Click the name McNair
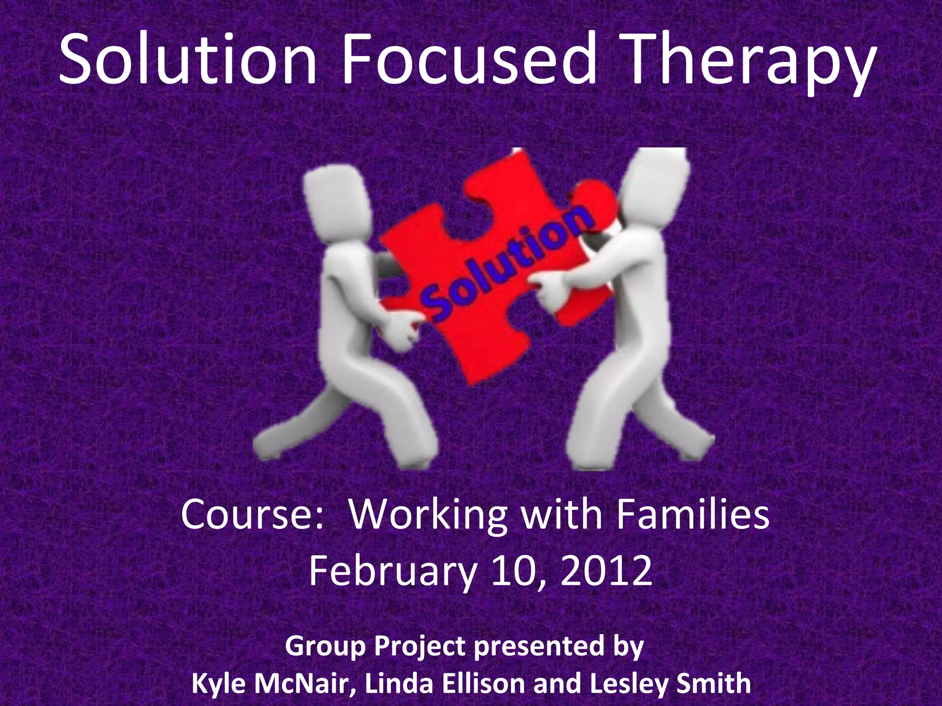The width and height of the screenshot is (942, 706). [x=306, y=683]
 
